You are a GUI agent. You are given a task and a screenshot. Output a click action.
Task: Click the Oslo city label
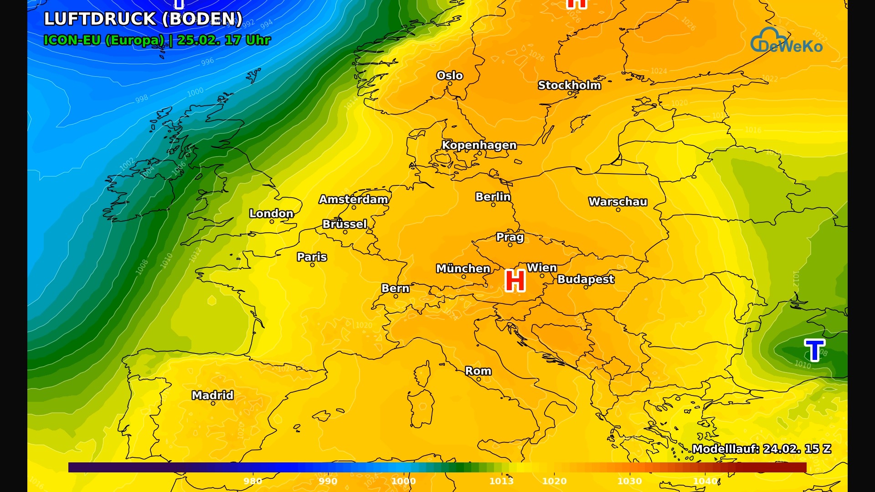pyautogui.click(x=449, y=76)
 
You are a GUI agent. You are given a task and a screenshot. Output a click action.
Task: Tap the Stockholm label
pyautogui.click(x=569, y=85)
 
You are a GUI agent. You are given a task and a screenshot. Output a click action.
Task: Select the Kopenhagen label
pyautogui.click(x=479, y=145)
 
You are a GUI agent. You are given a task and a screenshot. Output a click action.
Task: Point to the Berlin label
pyautogui.click(x=493, y=197)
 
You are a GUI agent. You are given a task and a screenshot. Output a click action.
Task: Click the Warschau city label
pyautogui.click(x=618, y=202)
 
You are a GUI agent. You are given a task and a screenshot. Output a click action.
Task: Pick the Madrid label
pyautogui.click(x=212, y=395)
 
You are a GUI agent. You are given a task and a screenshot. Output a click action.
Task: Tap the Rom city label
pyautogui.click(x=478, y=371)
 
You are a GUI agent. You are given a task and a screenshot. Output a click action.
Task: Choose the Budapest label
pyautogui.click(x=586, y=279)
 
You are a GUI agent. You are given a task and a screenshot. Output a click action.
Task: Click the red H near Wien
pyautogui.click(x=515, y=281)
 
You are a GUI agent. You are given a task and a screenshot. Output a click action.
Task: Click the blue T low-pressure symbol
pyautogui.click(x=814, y=350)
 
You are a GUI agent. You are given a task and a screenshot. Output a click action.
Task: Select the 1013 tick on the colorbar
pyautogui.click(x=501, y=481)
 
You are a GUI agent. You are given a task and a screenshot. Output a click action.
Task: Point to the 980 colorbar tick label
pyautogui.click(x=252, y=481)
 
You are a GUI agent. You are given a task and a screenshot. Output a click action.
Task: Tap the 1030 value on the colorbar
pyautogui.click(x=629, y=481)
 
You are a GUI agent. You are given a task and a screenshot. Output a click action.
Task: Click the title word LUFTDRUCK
pyautogui.click(x=100, y=19)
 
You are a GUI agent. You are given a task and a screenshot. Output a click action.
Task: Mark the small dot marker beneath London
pyautogui.click(x=272, y=222)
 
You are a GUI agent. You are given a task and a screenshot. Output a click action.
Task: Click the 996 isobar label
pyautogui.click(x=207, y=61)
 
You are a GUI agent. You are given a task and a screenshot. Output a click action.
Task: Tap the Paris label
pyautogui.click(x=312, y=257)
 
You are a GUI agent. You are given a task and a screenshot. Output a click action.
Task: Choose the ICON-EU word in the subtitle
pyautogui.click(x=72, y=40)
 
